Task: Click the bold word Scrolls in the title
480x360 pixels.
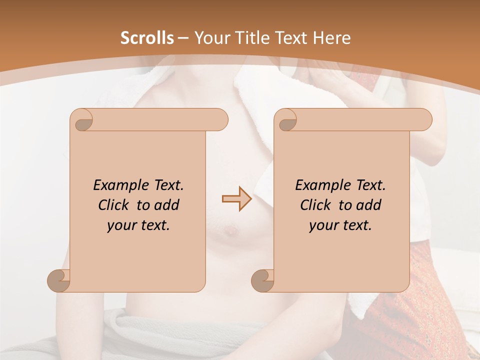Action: coord(147,38)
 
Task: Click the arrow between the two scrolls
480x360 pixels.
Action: coord(236,199)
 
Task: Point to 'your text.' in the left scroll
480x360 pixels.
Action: coord(138,225)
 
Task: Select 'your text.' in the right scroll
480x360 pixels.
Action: coord(340,225)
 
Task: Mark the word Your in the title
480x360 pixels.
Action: coord(210,38)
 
